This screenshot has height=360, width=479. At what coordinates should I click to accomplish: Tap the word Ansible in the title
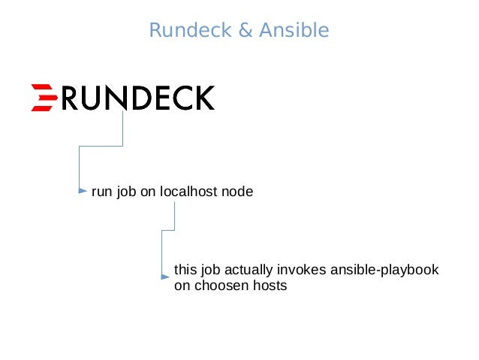pos(294,31)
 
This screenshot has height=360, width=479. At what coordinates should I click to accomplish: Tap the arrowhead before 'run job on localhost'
pos(83,192)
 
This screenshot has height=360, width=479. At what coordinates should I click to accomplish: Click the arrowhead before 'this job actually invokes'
pos(166,276)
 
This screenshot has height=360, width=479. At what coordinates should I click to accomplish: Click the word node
pos(237,192)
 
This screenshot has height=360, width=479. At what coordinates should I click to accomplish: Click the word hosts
pos(270,286)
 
